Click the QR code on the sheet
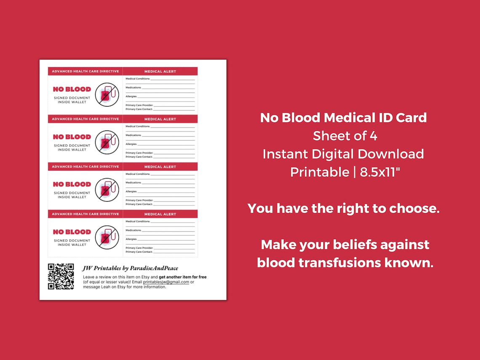[x=61, y=276]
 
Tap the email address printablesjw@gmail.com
[x=166, y=282]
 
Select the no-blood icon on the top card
[x=107, y=94]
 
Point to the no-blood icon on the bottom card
[x=107, y=237]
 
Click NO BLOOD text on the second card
[x=72, y=137]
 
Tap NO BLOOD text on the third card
[x=72, y=184]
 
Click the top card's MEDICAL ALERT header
[x=160, y=72]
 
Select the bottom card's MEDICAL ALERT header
[x=160, y=214]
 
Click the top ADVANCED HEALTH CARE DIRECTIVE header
[x=85, y=72]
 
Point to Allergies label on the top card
[x=131, y=96]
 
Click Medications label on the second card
[x=133, y=135]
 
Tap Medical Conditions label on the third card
[x=138, y=174]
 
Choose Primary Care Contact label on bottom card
[x=139, y=252]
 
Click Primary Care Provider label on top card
[x=139, y=105]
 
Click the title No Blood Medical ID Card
[x=343, y=117]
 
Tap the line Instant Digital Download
[x=343, y=154]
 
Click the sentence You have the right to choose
[x=343, y=208]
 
